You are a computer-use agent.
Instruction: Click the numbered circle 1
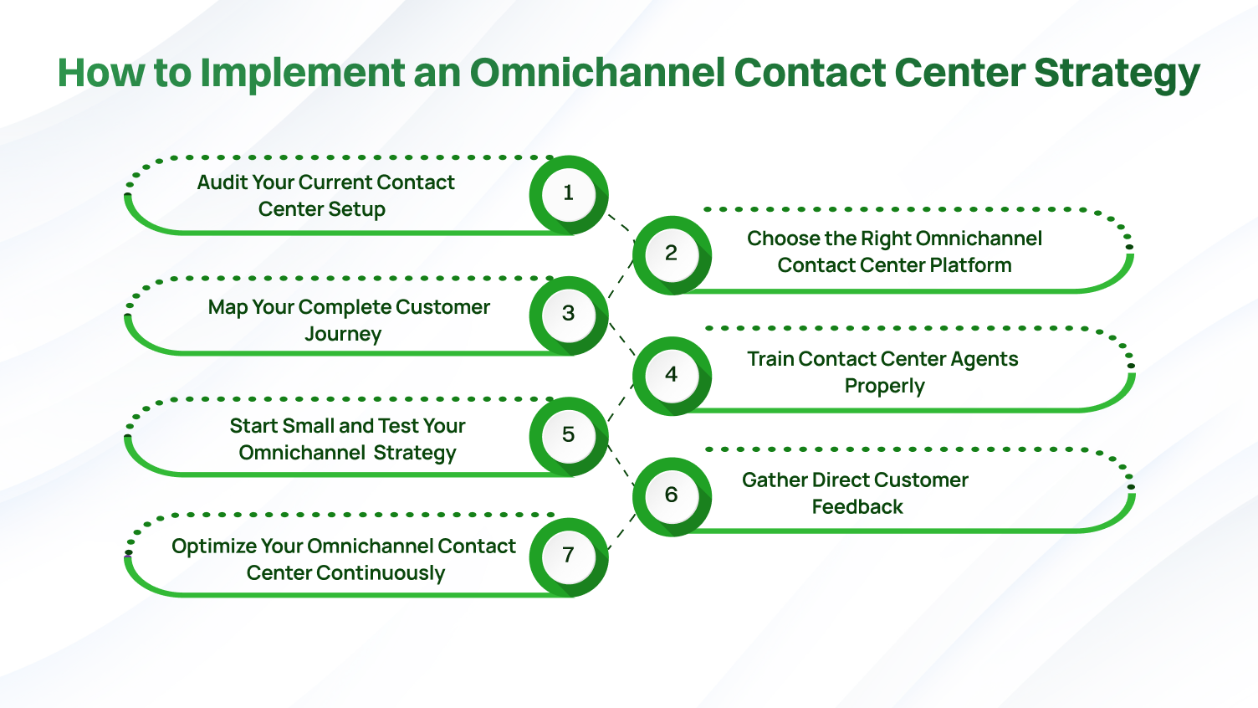click(569, 193)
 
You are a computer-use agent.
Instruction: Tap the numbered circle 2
click(671, 254)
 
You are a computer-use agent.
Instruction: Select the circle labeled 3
click(569, 314)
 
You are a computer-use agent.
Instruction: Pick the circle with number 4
click(671, 374)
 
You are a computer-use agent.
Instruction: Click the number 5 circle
click(569, 434)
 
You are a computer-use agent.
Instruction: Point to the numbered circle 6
click(671, 495)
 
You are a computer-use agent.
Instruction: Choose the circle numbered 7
click(569, 555)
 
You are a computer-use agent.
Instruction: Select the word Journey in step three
click(343, 334)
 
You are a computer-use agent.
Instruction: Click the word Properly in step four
click(885, 386)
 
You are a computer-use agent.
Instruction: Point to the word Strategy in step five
click(415, 453)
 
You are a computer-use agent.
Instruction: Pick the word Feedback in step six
click(857, 507)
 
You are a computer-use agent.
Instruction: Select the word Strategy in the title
click(1117, 73)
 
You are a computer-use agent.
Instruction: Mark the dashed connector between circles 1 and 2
click(620, 223)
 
